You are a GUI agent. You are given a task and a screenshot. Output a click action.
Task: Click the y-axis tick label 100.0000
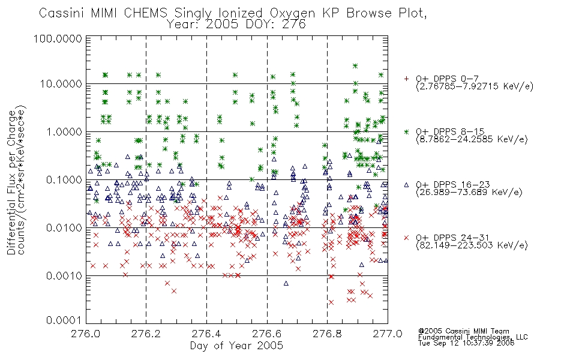click(x=58, y=38)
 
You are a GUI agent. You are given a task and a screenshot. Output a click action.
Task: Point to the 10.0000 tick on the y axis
click(x=61, y=84)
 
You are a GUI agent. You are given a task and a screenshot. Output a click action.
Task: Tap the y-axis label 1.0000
click(x=64, y=131)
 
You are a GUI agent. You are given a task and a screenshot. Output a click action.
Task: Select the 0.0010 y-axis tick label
click(x=64, y=275)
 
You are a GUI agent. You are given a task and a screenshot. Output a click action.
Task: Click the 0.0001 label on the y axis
click(x=64, y=320)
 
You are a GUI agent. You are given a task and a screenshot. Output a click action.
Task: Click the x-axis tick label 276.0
click(x=86, y=334)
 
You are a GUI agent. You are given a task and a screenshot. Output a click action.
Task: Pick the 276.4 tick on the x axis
click(x=207, y=334)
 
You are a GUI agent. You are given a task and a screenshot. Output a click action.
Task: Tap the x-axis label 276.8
click(x=328, y=334)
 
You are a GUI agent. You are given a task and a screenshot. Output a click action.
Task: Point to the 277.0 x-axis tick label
click(x=388, y=334)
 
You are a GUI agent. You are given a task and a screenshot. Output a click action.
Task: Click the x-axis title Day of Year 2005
click(x=236, y=346)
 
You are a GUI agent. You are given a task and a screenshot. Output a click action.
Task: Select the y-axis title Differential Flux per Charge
click(x=11, y=182)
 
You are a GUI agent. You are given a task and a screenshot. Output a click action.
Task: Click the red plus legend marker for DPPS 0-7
click(x=406, y=79)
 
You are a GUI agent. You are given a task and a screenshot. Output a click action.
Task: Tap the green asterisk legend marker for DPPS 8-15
click(x=406, y=131)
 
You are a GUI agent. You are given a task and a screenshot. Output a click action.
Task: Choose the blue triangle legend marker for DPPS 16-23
click(x=406, y=185)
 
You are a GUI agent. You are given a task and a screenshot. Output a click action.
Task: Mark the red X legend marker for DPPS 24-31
click(x=406, y=238)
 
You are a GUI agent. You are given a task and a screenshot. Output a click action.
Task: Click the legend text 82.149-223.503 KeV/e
click(x=472, y=245)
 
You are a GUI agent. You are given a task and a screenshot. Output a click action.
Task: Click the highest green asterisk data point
click(x=355, y=66)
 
